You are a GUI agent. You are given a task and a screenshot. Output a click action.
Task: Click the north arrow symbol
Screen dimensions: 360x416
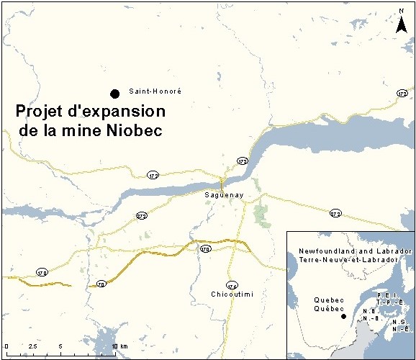tap(401, 22)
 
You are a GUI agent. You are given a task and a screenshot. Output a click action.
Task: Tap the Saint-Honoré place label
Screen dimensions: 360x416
tap(155, 92)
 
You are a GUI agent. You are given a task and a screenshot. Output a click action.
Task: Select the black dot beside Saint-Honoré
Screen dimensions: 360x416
tap(114, 93)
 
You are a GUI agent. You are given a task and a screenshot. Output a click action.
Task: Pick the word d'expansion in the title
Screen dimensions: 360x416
tap(120, 112)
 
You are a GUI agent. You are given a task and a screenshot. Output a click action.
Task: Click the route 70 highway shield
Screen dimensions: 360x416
tap(101, 284)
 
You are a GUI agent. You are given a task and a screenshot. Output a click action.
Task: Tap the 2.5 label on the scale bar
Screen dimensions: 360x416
tap(32, 347)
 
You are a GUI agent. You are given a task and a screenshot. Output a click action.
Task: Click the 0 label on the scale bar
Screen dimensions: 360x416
tap(6, 347)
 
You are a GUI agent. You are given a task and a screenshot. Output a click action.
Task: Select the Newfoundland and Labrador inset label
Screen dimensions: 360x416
tap(356, 251)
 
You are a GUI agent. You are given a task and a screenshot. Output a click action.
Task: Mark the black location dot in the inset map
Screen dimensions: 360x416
tap(343, 317)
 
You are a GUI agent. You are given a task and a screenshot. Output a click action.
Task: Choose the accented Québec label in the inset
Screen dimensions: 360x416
tap(326, 308)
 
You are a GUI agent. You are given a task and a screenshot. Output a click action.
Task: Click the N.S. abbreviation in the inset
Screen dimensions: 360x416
tap(400, 321)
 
